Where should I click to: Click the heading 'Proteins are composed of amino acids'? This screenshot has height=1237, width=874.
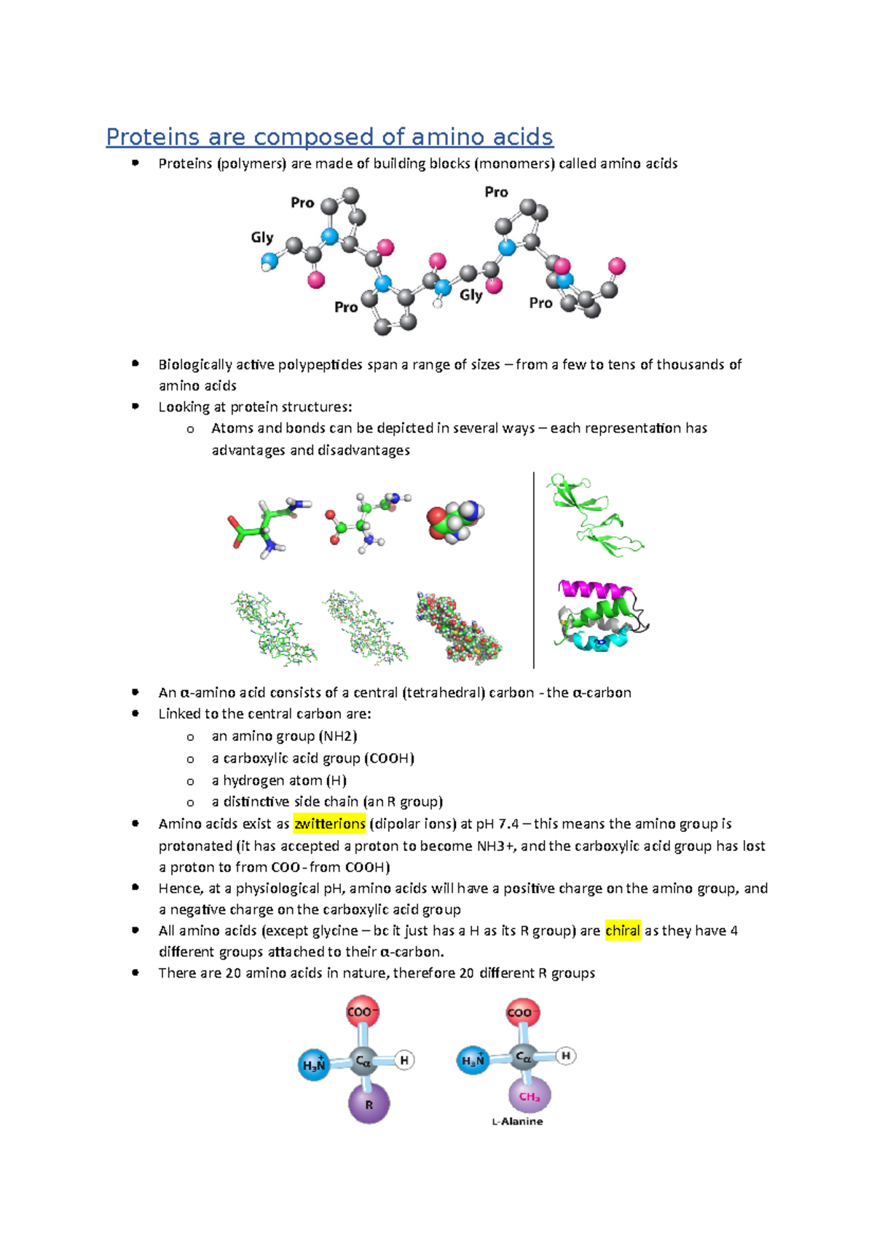point(329,137)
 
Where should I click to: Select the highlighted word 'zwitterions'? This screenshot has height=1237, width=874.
point(329,824)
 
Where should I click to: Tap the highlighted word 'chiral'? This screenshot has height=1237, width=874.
point(623,930)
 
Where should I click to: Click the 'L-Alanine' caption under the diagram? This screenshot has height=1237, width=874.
point(517,1121)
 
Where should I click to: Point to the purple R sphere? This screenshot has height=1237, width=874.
point(369,1104)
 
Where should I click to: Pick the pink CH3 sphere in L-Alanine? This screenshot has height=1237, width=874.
point(529,1096)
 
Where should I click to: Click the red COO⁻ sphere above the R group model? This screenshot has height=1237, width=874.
point(362,1012)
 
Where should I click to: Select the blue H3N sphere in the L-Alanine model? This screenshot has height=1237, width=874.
point(473,1060)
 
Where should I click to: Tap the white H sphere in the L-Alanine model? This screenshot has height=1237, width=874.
point(566,1055)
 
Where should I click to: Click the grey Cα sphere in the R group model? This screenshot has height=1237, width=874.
point(362,1062)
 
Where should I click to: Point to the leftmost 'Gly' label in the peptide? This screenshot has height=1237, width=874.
point(262,237)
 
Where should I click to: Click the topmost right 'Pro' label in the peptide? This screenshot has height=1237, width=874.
point(496,192)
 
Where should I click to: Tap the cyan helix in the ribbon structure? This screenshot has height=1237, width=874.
point(594,642)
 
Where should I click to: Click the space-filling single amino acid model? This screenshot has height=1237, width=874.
point(455,521)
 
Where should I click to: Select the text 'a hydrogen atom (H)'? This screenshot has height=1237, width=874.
point(279,780)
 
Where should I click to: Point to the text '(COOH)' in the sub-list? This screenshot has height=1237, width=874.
point(389,758)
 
